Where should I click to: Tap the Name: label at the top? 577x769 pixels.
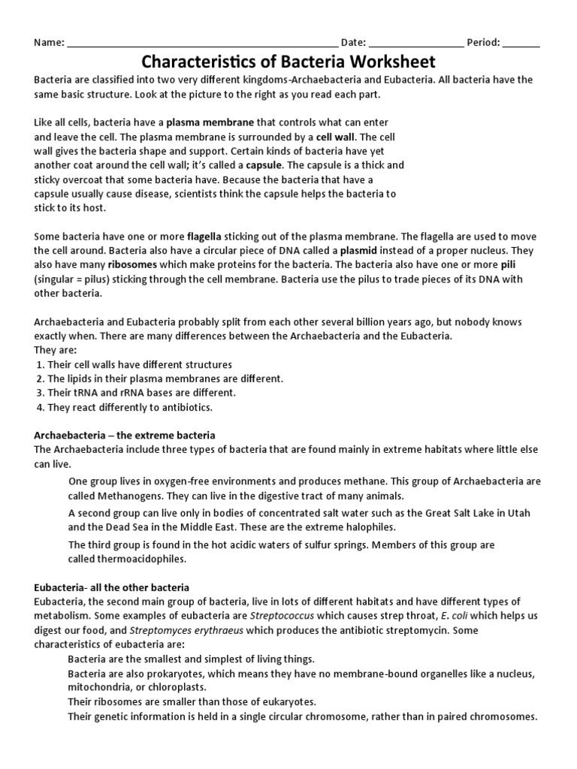(x=50, y=42)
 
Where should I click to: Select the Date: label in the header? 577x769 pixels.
(x=354, y=42)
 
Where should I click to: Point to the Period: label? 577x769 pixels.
(x=483, y=42)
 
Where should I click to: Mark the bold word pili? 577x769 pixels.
(x=528, y=264)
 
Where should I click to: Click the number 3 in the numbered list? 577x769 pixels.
(x=41, y=393)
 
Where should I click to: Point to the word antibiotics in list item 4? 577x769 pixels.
(x=186, y=407)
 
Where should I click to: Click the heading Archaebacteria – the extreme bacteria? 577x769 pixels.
(x=125, y=435)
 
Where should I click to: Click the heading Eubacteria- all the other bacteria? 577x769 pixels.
(x=112, y=587)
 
